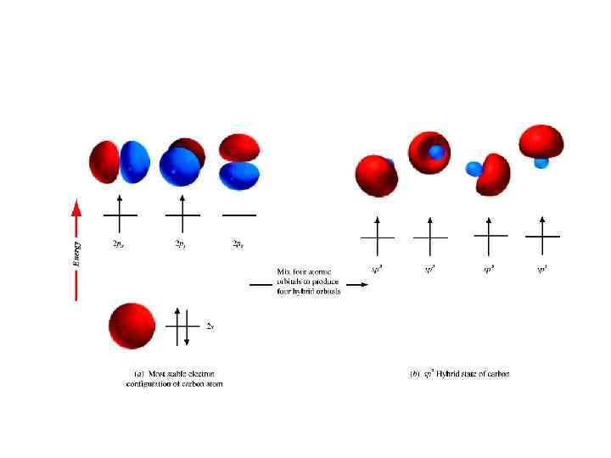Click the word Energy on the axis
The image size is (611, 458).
(76, 252)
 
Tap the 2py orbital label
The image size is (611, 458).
(181, 244)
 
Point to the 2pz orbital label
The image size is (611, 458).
(238, 244)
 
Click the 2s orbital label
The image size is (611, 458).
(210, 325)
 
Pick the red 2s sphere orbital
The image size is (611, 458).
(132, 325)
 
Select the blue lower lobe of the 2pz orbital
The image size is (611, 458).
(239, 176)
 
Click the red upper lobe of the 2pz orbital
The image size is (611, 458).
(239, 148)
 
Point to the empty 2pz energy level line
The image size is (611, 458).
(238, 215)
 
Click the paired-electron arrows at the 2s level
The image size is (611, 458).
(181, 325)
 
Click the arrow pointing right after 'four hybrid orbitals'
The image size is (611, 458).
(357, 285)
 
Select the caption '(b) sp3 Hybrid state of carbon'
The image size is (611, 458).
(458, 373)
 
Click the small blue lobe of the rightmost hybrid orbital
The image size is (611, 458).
(541, 162)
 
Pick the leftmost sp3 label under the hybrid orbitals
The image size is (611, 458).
(376, 270)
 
